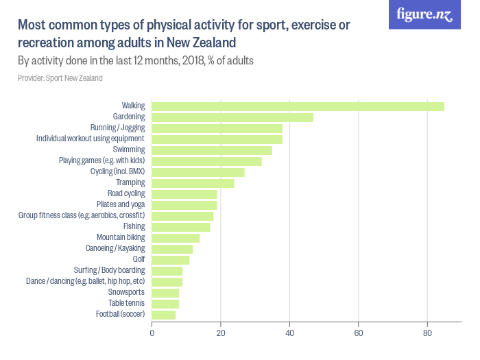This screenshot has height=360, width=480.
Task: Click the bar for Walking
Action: point(298,106)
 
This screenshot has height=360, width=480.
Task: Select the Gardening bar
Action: point(232,117)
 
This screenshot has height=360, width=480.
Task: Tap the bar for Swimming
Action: point(212,150)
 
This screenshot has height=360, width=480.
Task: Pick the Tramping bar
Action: point(193,183)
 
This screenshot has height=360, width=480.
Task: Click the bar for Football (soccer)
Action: point(164,315)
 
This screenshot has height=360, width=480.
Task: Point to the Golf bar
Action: point(171,260)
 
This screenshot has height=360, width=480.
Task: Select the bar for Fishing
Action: point(181,227)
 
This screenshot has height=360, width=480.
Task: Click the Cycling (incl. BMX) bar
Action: point(198,172)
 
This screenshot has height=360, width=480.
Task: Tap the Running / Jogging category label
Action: point(117,128)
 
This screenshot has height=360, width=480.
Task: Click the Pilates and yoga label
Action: point(121,205)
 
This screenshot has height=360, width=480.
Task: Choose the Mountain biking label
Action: point(121,238)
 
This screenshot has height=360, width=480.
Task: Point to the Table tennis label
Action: point(126,303)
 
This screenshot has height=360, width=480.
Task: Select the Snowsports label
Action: point(126,292)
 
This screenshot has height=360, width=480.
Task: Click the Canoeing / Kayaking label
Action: point(115,248)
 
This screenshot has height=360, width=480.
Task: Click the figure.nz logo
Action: point(424,14)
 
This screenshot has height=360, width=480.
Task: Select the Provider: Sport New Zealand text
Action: point(60,78)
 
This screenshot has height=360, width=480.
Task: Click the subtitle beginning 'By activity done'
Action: point(136,60)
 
